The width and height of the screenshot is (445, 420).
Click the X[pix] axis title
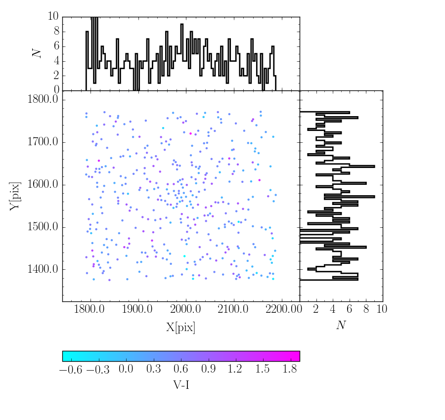tap(180, 327)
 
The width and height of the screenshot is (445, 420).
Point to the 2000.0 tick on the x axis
tap(186, 309)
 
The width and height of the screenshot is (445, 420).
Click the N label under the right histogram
tap(341, 325)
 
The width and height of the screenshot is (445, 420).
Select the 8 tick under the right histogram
tap(366, 309)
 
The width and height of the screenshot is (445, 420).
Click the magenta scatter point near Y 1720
tap(190, 133)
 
